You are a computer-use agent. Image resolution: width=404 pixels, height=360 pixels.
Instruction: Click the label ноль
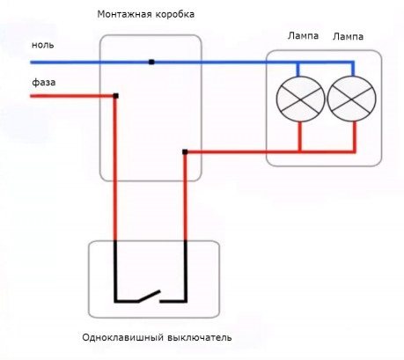[x=43, y=45]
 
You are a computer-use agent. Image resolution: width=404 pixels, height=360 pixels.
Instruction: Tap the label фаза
[x=44, y=82]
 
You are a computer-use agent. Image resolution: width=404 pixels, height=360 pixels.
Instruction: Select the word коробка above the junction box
[x=174, y=14]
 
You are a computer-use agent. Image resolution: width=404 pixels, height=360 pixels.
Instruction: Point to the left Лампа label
[x=303, y=36]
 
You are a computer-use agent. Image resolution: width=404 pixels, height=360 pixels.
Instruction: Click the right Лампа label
[x=348, y=37]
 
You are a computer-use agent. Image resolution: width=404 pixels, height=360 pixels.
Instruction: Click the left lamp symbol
[x=300, y=99]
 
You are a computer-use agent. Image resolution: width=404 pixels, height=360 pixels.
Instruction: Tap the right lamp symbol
[x=351, y=99]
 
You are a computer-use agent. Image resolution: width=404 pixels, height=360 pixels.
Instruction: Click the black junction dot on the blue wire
[x=151, y=62]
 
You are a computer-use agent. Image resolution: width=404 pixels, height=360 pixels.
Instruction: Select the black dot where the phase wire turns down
[x=116, y=96]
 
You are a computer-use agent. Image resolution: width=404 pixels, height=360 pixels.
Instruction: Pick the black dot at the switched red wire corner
[x=185, y=152]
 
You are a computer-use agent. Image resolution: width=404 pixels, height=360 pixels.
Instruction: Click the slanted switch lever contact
[x=150, y=296]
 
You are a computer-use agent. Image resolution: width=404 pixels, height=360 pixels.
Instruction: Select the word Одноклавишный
[x=122, y=337]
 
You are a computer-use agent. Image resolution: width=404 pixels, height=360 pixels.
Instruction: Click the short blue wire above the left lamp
[x=298, y=70]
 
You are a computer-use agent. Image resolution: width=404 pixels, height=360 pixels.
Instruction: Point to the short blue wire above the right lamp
[x=353, y=70]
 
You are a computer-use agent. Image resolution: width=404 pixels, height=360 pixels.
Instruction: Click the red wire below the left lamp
[x=300, y=136]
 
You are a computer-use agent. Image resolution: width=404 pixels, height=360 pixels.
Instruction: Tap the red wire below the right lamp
[x=355, y=136]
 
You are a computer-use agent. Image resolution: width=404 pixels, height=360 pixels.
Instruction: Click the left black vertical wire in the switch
[x=115, y=271]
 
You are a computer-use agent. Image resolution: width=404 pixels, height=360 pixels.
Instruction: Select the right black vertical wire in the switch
[x=186, y=271]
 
